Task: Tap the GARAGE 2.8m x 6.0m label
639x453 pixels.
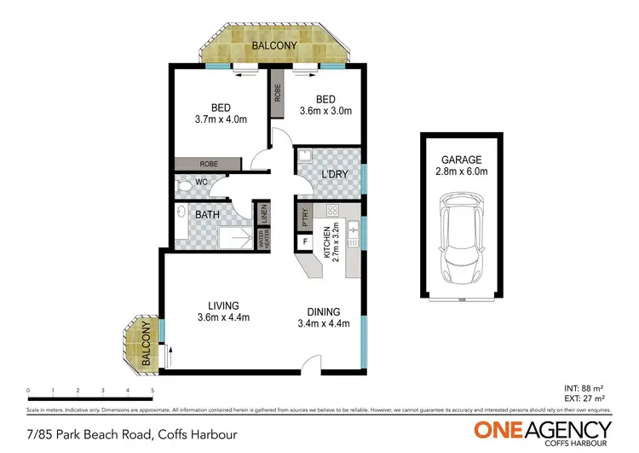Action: [x=461, y=166]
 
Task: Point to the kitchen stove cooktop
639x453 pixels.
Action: [x=333, y=212]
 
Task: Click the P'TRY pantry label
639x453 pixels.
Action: [x=302, y=218]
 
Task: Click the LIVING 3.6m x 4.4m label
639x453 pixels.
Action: [x=217, y=312]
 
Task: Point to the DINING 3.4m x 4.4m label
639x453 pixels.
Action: [x=324, y=317]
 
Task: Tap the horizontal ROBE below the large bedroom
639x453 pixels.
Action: [x=208, y=164]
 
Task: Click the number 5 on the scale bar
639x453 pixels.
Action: [x=153, y=391]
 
